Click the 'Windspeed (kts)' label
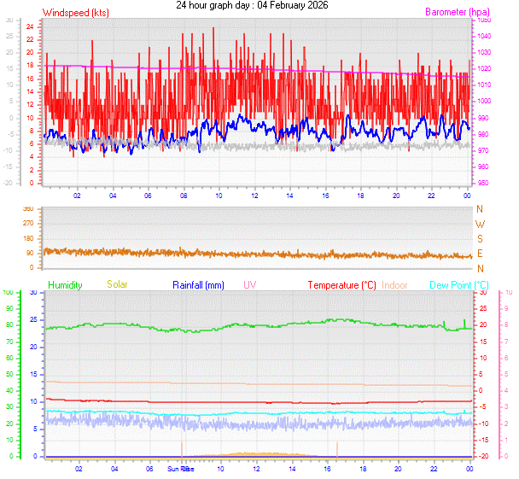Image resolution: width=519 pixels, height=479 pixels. click(x=75, y=13)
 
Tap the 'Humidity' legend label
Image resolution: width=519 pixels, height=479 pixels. click(x=65, y=284)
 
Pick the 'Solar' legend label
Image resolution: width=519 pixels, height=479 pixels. click(x=117, y=284)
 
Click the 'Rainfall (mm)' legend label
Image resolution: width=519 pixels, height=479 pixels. click(x=198, y=284)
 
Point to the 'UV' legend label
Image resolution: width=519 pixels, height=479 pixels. click(x=249, y=284)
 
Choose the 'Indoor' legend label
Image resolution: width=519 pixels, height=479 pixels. click(x=395, y=284)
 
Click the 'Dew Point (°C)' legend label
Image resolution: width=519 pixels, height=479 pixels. click(x=459, y=284)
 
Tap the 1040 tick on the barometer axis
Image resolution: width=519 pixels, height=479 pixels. click(x=484, y=36)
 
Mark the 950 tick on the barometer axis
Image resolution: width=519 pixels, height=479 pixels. click(x=484, y=184)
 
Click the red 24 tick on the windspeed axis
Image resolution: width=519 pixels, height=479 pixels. click(x=30, y=26)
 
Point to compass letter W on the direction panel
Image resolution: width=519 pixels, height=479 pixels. click(x=479, y=224)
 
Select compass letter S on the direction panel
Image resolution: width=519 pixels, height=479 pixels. click(x=479, y=238)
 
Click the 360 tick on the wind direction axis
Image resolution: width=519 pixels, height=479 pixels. click(x=27, y=208)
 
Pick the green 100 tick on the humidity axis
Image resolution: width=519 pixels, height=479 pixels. click(x=8, y=292)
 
